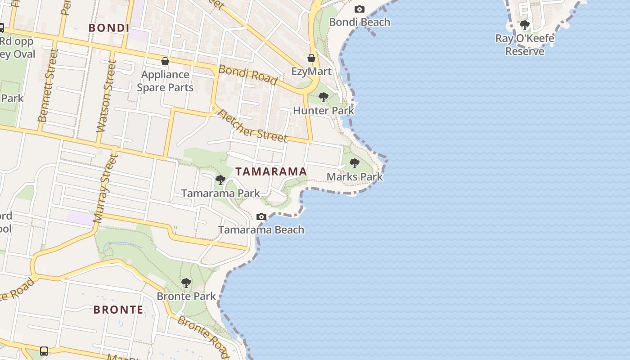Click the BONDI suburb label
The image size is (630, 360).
(109, 28)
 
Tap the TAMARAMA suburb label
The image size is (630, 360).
(271, 171)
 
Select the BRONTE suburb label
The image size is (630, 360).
(118, 310)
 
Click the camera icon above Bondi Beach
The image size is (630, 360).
(359, 9)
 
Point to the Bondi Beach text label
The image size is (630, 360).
(360, 22)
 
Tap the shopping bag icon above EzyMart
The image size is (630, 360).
(311, 58)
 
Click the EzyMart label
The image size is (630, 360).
(311, 72)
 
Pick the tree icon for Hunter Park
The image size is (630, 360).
(323, 97)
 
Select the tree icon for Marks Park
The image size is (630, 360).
(355, 163)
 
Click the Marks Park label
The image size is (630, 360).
(355, 176)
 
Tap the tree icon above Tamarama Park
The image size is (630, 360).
(220, 180)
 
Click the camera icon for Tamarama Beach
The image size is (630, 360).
(261, 216)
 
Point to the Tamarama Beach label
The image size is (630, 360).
(261, 230)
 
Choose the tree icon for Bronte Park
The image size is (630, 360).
(186, 283)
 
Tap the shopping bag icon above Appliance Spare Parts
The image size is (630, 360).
(165, 61)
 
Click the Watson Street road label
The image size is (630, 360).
(105, 96)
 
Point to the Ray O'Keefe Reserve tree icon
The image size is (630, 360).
(525, 25)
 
